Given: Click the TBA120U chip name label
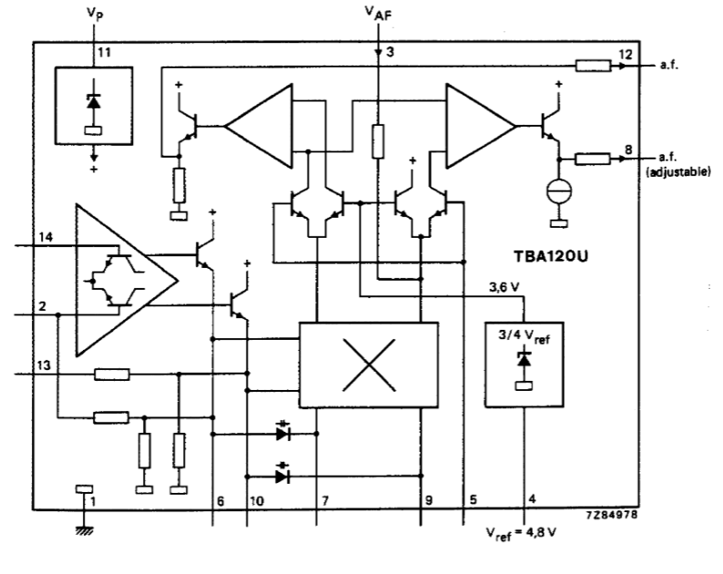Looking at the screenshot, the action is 551,256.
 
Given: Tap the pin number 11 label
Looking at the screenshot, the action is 104,53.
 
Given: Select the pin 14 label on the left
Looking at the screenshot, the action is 46,238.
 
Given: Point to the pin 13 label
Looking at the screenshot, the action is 44,366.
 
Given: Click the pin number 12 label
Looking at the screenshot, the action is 625,55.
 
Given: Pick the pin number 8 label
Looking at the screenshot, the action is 628,150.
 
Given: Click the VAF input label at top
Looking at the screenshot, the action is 378,13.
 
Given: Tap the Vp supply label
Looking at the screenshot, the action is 95,14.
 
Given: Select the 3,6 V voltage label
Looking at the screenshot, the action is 504,288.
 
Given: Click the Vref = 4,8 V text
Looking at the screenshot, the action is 521,534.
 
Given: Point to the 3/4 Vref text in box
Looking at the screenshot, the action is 524,336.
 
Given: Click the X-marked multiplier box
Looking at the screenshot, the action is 369,365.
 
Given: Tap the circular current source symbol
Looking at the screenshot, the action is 559,190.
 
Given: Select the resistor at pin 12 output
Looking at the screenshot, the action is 594,66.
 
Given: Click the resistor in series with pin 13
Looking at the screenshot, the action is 112,374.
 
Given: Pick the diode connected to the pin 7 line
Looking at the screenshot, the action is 282,434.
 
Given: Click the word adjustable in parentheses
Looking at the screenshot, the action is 678,172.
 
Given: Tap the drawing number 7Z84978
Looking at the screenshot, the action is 612,515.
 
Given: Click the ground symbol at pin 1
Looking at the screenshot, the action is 84,530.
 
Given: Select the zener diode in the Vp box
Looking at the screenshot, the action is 94,101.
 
